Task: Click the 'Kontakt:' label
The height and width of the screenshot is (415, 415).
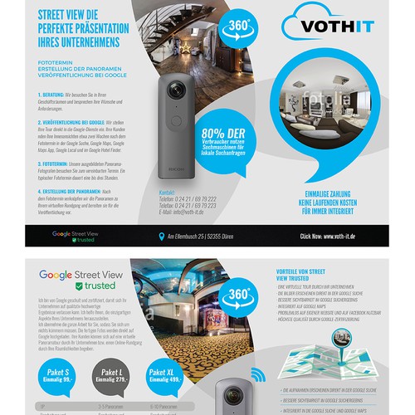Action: tap(168, 192)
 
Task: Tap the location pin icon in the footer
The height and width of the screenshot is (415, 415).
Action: tap(162, 236)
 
